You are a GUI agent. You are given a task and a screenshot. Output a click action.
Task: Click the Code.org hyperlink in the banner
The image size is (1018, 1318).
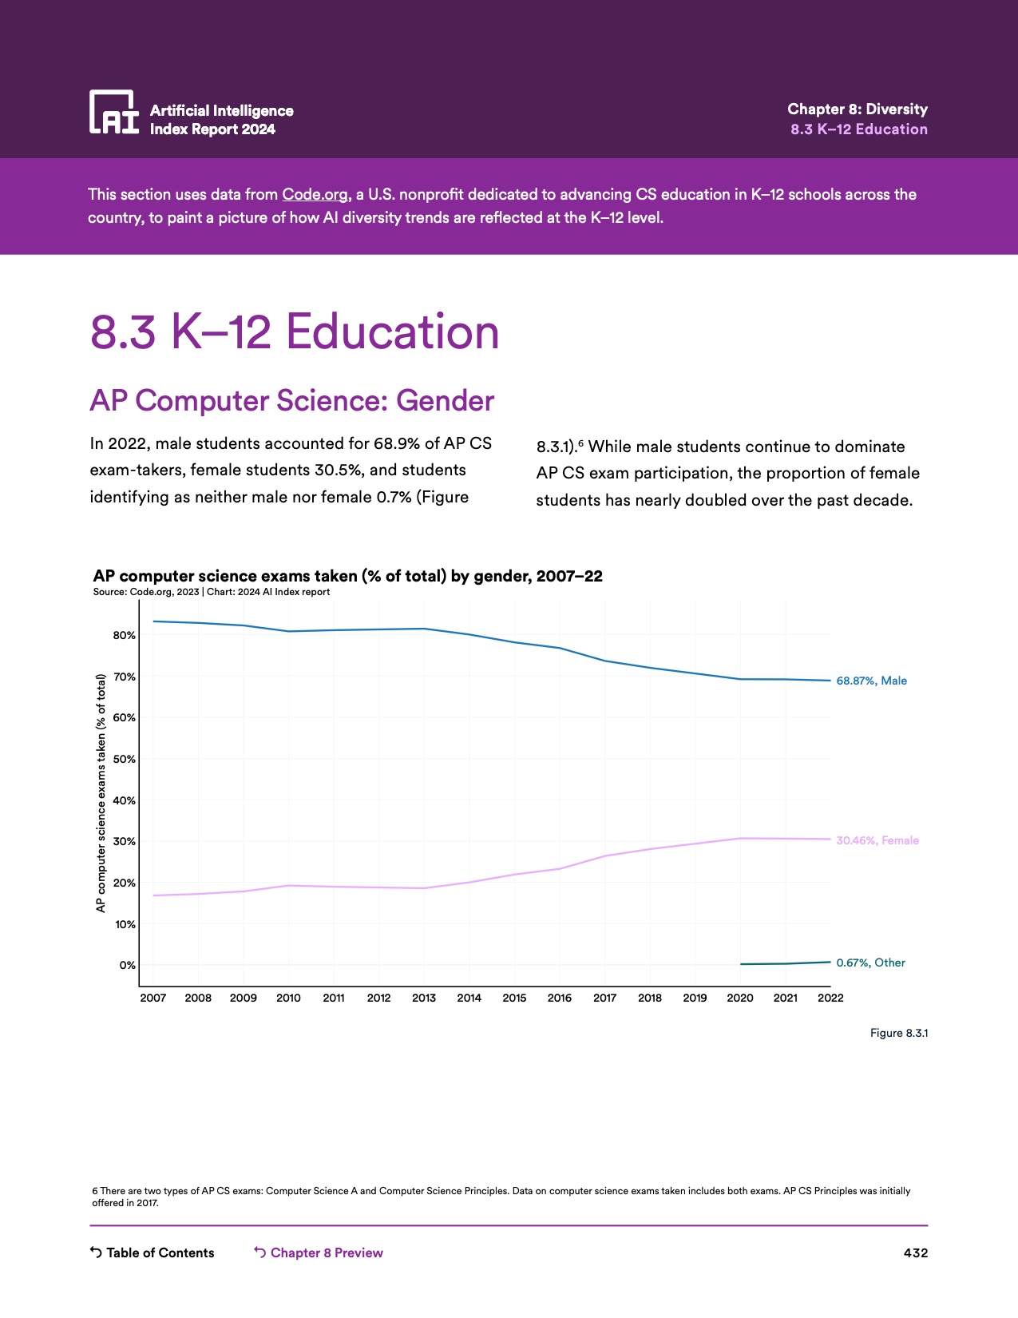coord(315,194)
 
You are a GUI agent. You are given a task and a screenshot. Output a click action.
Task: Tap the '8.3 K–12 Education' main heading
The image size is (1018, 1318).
coord(295,331)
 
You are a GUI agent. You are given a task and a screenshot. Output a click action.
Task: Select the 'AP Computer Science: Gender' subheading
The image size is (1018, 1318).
coord(292,401)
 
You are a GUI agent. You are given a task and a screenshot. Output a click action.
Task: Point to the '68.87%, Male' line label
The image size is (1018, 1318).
coord(871,681)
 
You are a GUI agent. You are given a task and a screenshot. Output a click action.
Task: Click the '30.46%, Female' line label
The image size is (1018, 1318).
coord(877,840)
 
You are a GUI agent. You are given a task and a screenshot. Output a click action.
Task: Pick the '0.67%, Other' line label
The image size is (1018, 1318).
coord(870,963)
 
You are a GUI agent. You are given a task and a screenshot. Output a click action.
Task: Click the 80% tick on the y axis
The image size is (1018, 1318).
coord(125,636)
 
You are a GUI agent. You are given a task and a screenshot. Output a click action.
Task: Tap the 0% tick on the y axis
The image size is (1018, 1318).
coord(128,965)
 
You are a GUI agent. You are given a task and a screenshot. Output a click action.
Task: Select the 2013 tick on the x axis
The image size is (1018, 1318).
coord(424,998)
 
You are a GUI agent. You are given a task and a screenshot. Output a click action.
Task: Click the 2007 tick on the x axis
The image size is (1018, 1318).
coord(153,998)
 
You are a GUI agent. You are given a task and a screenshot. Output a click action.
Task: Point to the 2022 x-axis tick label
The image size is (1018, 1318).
coord(830,998)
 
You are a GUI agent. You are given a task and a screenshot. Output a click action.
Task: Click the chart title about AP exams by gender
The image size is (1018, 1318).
coord(347,576)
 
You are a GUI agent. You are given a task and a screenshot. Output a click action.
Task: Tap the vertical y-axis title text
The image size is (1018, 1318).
coord(101,793)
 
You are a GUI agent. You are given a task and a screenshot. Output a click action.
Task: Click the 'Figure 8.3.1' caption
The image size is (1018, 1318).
coord(898,1033)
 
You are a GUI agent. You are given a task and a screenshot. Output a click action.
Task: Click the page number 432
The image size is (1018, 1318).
coord(915,1252)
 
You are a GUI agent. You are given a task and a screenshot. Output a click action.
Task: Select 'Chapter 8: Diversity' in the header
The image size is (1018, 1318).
coord(857,109)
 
